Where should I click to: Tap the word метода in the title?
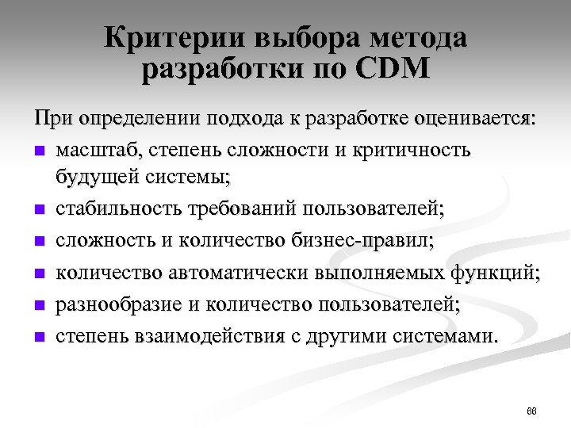pyautogui.click(x=420, y=37)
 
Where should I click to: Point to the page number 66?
pyautogui.click(x=531, y=411)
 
